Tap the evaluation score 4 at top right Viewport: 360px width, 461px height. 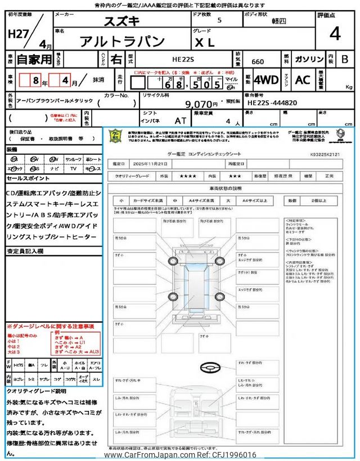click(x=335, y=34)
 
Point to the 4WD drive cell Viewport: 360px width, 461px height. click(x=266, y=80)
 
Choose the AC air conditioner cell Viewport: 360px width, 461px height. click(x=303, y=80)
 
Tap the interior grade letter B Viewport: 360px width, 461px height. click(x=345, y=59)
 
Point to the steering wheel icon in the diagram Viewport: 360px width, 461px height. click(x=209, y=366)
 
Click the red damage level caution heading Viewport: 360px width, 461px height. click(x=50, y=326)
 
